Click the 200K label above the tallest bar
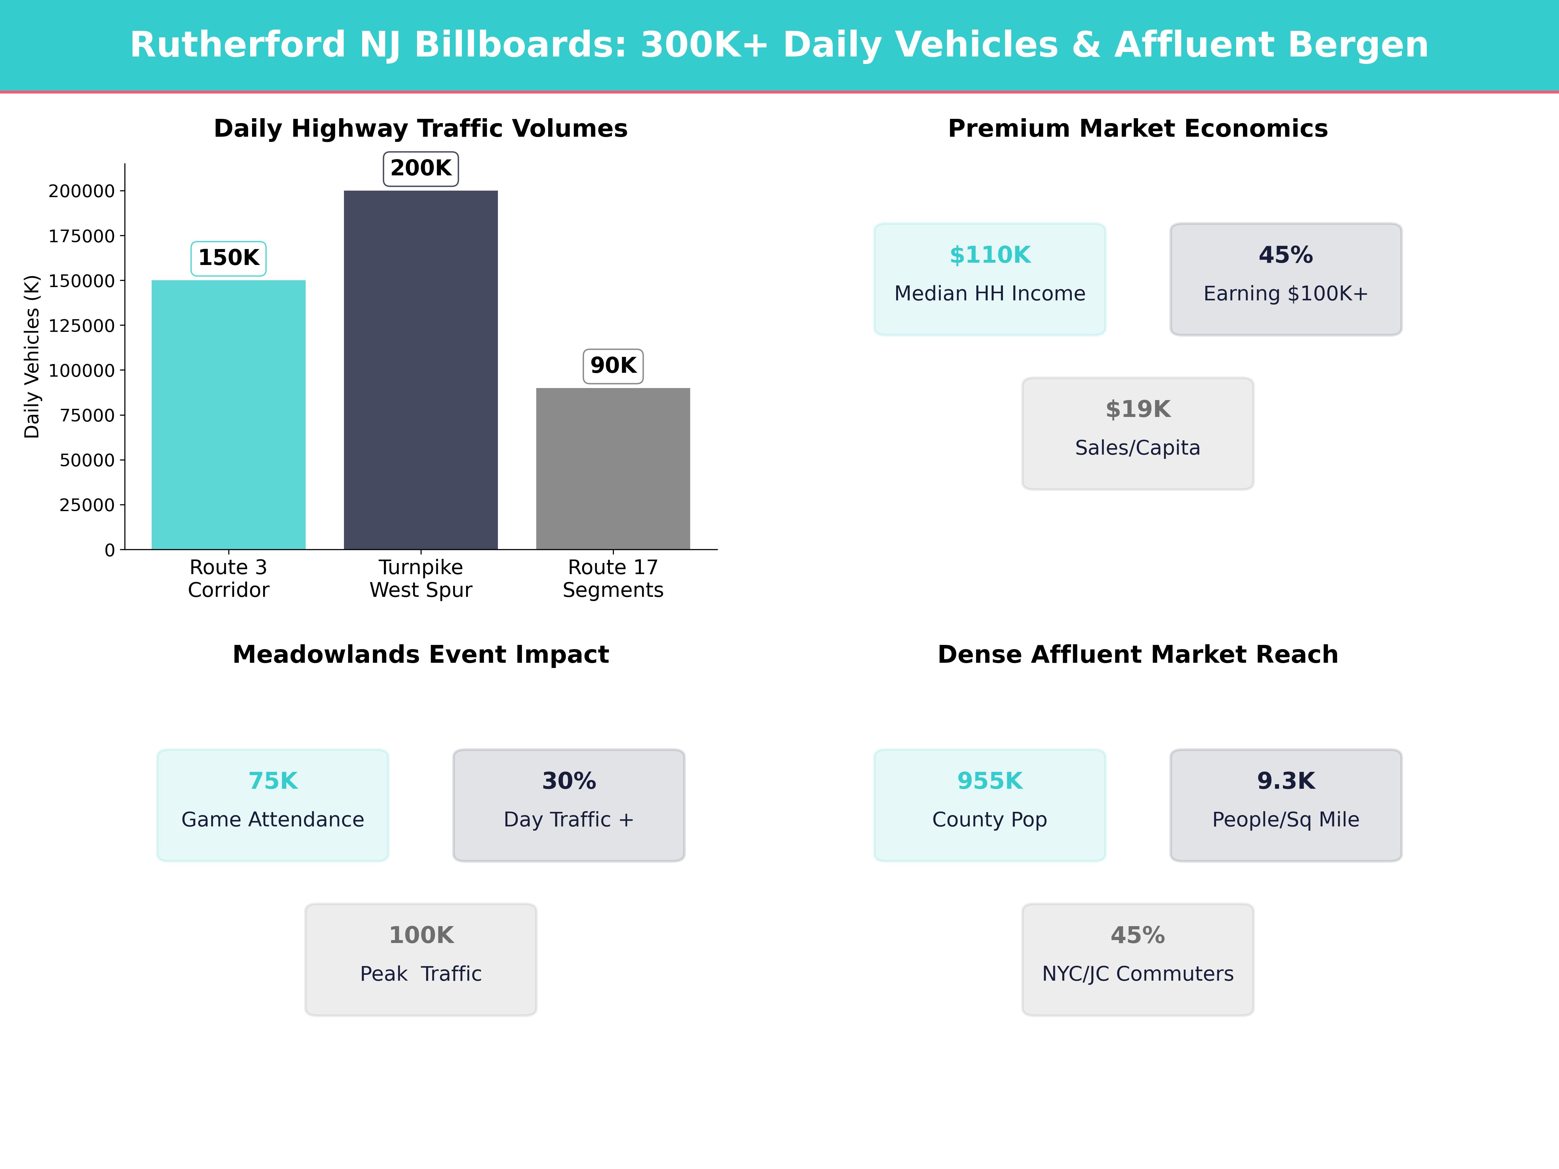coord(421,169)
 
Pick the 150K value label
coord(228,258)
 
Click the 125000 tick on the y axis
coord(81,326)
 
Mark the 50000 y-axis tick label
coord(87,460)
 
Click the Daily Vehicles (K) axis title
coord(32,357)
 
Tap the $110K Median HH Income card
coord(990,279)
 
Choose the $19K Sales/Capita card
coord(1137,434)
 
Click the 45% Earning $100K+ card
coord(1286,279)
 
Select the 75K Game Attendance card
coord(273,805)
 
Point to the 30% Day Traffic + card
coord(569,805)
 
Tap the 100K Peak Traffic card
coord(421,959)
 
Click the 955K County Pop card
coord(990,805)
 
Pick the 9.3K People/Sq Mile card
coord(1286,805)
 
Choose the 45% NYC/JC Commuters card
coord(1137,959)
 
